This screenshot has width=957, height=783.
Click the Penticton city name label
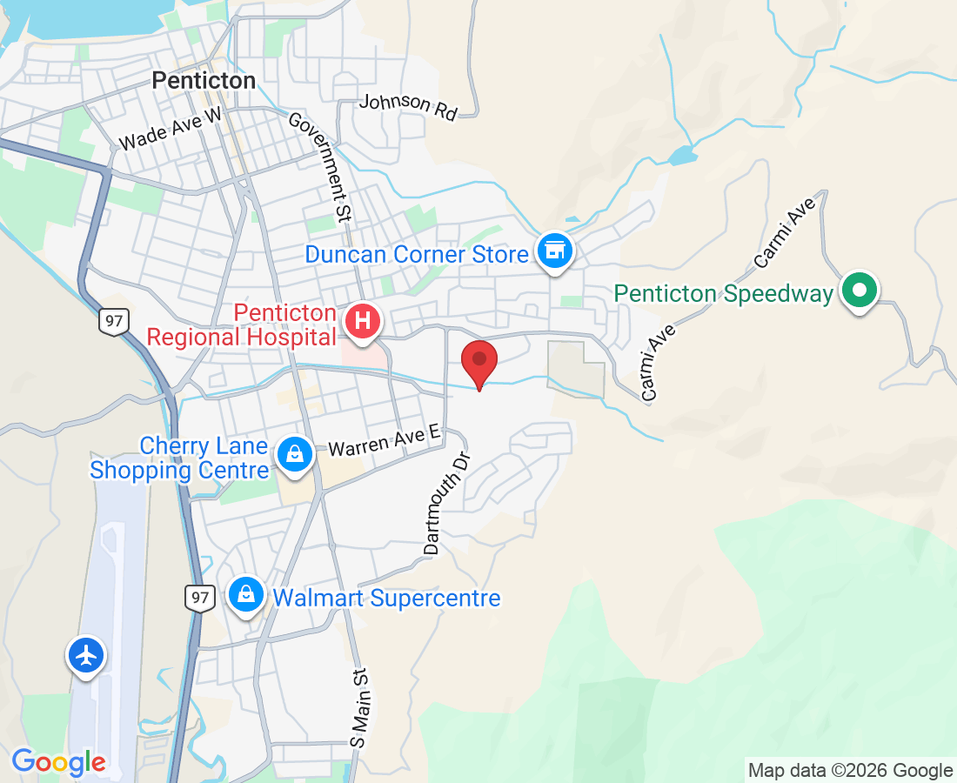pos(204,81)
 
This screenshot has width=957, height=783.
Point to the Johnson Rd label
pos(408,106)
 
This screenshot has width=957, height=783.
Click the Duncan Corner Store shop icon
pos(555,251)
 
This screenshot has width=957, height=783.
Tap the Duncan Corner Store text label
pos(416,255)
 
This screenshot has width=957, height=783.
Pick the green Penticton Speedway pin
pos(860,291)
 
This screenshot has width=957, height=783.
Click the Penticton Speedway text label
pos(724,294)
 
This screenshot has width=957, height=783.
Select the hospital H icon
pos(364,321)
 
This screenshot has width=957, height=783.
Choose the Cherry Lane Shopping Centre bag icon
pos(295,454)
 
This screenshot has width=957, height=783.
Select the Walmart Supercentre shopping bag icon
pos(247,595)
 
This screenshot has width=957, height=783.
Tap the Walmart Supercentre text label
pos(386,599)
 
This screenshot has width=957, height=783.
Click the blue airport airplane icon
pos(86,655)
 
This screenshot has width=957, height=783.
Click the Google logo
pos(58,763)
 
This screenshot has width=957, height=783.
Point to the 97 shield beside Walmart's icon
pos(200,597)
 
